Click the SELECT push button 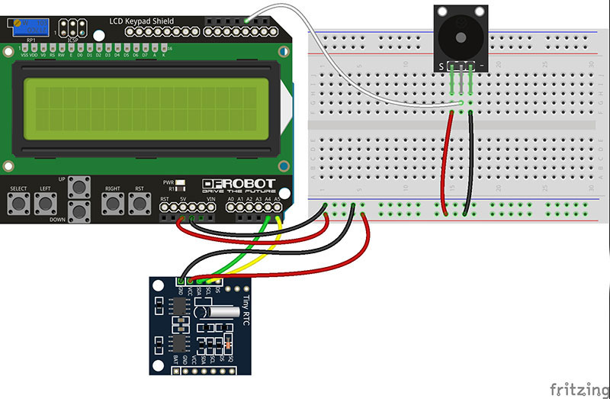(18, 203)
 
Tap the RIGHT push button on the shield (112, 203)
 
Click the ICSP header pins (75, 28)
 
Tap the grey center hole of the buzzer (460, 35)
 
